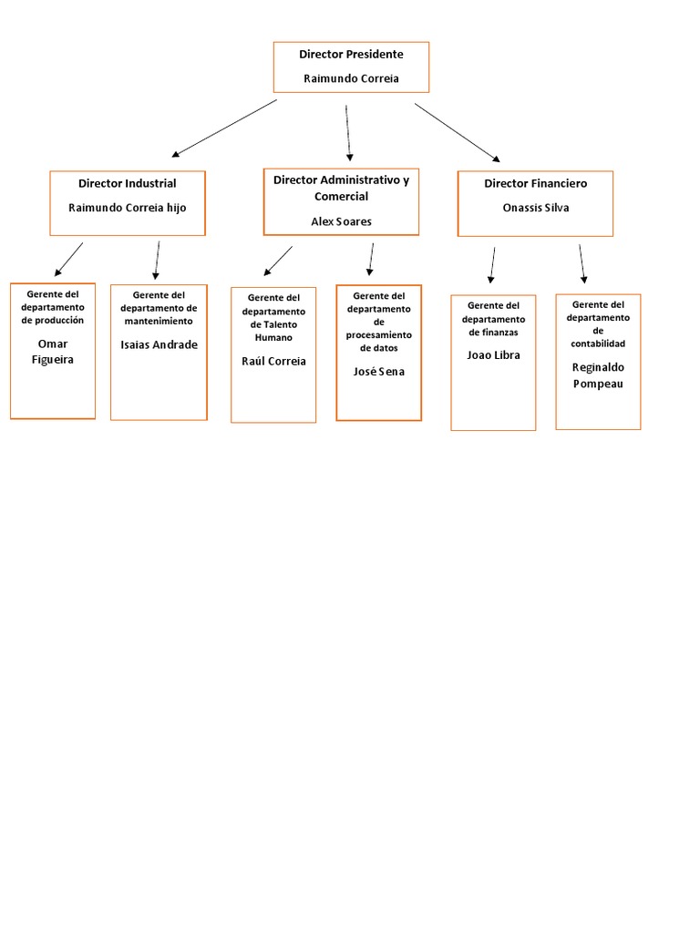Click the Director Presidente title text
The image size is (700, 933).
pyautogui.click(x=351, y=55)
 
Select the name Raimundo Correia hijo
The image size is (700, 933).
pyautogui.click(x=128, y=208)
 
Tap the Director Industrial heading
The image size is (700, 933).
pyautogui.click(x=128, y=184)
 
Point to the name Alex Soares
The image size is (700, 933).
pyautogui.click(x=342, y=221)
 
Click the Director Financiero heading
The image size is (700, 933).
pyautogui.click(x=535, y=184)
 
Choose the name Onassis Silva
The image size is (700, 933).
pyautogui.click(x=535, y=208)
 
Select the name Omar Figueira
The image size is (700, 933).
pyautogui.click(x=53, y=352)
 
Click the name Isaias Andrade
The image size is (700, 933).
pyautogui.click(x=159, y=345)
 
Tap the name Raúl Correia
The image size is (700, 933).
pyautogui.click(x=273, y=362)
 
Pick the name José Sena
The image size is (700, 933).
pyautogui.click(x=378, y=372)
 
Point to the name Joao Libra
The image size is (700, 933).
pyautogui.click(x=493, y=355)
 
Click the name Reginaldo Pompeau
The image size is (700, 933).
pyautogui.click(x=598, y=374)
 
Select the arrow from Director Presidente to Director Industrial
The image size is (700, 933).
pyautogui.click(x=223, y=128)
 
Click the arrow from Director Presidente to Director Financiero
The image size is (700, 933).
pyautogui.click(x=458, y=132)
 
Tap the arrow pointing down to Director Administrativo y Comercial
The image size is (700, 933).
pyautogui.click(x=348, y=133)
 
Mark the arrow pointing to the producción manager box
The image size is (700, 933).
pyautogui.click(x=68, y=259)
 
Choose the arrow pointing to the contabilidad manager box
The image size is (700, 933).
pyautogui.click(x=582, y=263)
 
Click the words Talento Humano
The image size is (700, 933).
pyautogui.click(x=273, y=332)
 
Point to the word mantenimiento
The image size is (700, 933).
pyautogui.click(x=159, y=322)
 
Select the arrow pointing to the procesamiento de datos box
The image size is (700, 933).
pyautogui.click(x=370, y=259)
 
